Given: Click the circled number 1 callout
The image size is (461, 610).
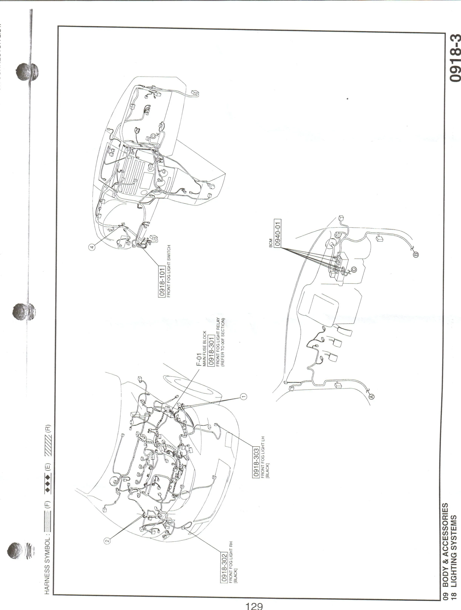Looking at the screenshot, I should [x=243, y=396].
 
